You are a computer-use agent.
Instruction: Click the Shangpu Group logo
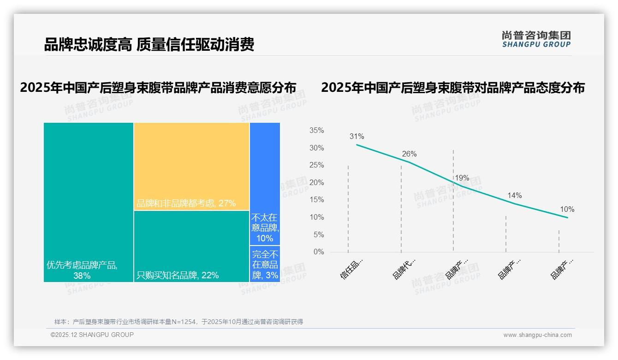pyautogui.click(x=536, y=39)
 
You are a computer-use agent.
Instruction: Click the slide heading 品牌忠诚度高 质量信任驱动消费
pyautogui.click(x=149, y=45)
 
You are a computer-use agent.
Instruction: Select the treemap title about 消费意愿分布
pyautogui.click(x=158, y=87)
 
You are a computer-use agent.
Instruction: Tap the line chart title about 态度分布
pyautogui.click(x=453, y=87)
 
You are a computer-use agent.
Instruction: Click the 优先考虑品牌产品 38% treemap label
pyautogui.click(x=82, y=270)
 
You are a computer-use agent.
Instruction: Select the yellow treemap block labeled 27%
pyautogui.click(x=191, y=167)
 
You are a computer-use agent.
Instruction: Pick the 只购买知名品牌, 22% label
pyautogui.click(x=178, y=276)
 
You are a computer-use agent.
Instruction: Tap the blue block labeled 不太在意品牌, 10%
pyautogui.click(x=265, y=228)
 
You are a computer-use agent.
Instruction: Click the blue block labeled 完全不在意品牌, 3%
pyautogui.click(x=265, y=265)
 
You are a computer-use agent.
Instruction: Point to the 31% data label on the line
pyautogui.click(x=357, y=136)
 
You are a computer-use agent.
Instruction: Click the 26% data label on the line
pyautogui.click(x=409, y=154)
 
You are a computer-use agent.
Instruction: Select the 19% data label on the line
pyautogui.click(x=462, y=178)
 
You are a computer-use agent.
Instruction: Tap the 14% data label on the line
pyautogui.click(x=514, y=195)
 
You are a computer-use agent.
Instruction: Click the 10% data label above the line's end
pyautogui.click(x=567, y=209)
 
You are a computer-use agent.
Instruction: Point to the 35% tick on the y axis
pyautogui.click(x=316, y=131)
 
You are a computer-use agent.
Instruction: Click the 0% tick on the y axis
pyautogui.click(x=318, y=252)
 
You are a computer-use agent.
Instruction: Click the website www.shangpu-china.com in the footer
pyautogui.click(x=537, y=335)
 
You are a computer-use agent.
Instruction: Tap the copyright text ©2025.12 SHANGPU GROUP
pyautogui.click(x=92, y=335)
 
